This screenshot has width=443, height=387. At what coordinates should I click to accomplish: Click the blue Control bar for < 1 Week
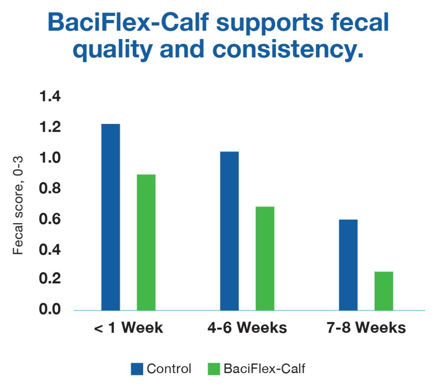111,217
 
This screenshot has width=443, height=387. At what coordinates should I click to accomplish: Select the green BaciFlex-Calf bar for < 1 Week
146,242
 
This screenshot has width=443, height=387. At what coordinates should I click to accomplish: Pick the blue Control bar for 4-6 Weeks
229,231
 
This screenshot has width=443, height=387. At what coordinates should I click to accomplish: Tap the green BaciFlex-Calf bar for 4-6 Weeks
265,258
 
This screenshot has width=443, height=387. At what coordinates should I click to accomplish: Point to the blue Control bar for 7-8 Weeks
348,265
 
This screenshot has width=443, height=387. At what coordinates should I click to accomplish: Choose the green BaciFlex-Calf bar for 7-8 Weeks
384,291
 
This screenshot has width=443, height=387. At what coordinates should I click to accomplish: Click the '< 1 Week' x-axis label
128,328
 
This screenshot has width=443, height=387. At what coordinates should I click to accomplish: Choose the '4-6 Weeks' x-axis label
247,328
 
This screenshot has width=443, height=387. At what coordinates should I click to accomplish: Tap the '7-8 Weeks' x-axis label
366,328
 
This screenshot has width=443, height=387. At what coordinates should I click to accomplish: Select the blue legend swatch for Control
137,369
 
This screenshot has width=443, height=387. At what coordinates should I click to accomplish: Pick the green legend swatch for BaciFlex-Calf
214,369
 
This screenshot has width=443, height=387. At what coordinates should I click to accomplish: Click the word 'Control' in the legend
169,369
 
